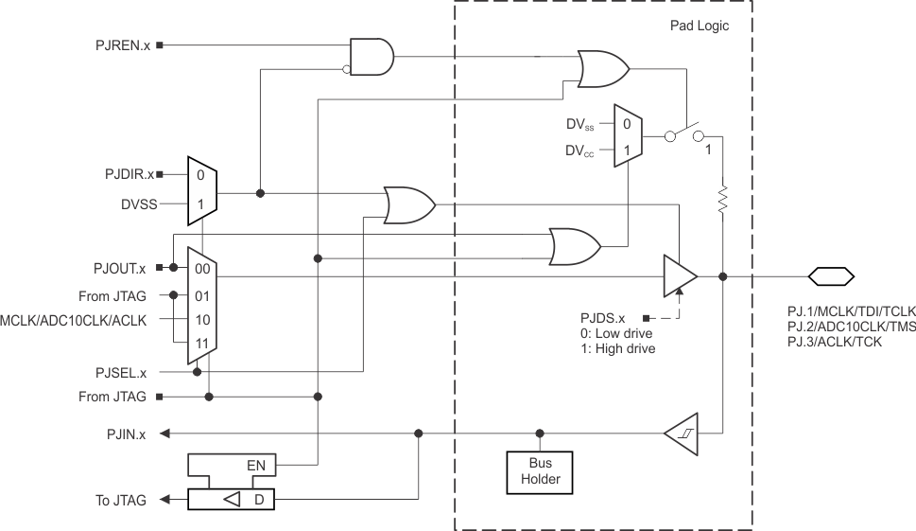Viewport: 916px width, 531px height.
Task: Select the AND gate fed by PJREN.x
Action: click(371, 57)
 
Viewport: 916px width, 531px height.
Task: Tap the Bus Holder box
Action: click(540, 470)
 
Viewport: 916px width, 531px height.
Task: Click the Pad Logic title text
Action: click(693, 27)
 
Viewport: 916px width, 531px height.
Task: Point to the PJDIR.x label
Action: click(129, 175)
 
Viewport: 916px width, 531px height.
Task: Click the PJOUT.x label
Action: click(126, 268)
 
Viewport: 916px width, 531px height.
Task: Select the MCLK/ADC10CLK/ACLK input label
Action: click(75, 320)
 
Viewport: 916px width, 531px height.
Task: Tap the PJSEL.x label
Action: click(127, 372)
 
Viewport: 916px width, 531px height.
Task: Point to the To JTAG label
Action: click(121, 501)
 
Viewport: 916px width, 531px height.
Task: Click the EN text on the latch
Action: click(255, 466)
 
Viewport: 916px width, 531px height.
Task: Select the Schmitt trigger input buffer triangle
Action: click(682, 434)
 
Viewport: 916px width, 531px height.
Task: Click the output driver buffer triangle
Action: click(680, 275)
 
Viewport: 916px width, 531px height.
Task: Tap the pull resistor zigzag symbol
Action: click(723, 200)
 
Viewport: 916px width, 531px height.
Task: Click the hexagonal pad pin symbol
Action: click(831, 276)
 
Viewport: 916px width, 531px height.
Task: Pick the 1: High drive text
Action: click(618, 348)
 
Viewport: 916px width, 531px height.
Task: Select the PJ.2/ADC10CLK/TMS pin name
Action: click(850, 326)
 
